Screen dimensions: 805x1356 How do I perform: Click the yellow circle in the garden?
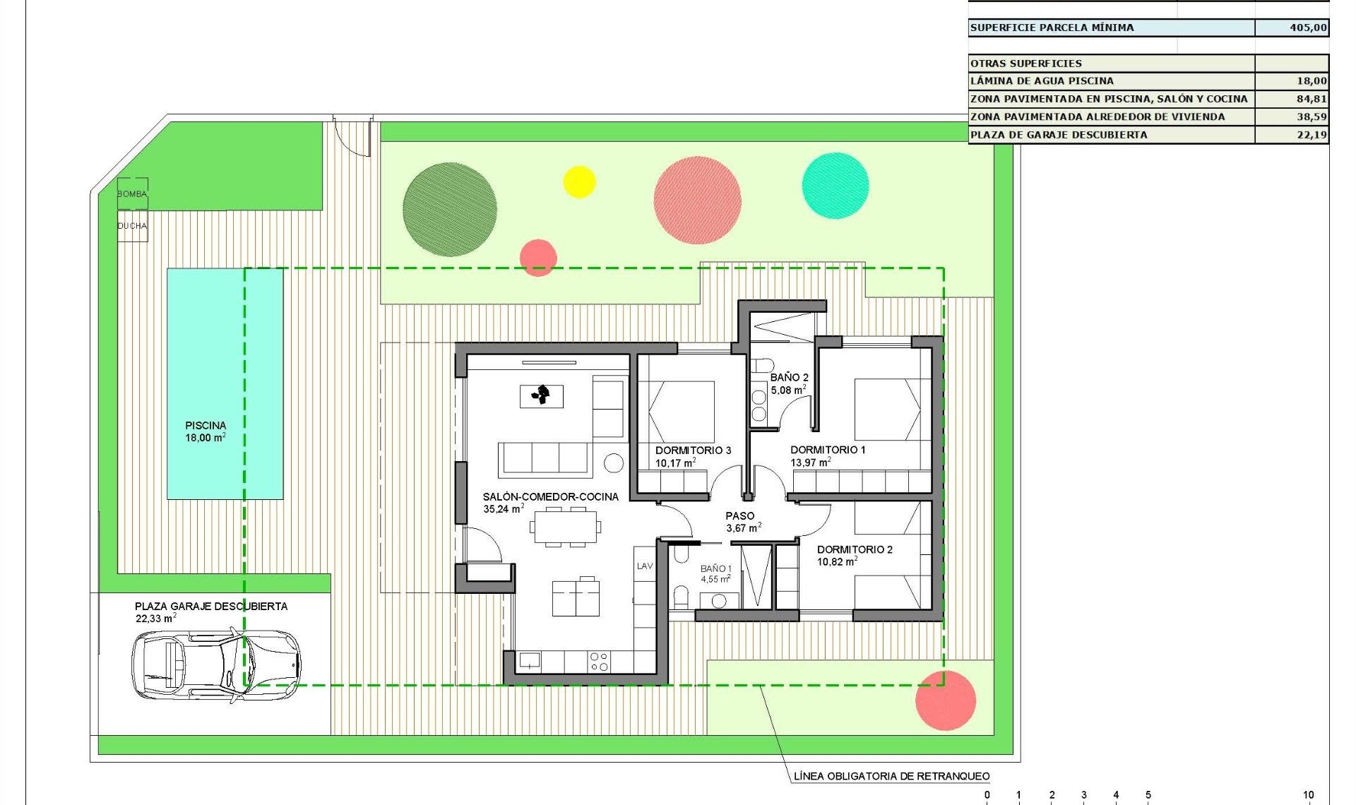point(579,182)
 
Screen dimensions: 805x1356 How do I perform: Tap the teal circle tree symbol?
point(835,186)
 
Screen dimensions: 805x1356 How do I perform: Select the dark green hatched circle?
point(449,210)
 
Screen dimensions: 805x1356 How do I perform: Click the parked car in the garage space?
point(215,664)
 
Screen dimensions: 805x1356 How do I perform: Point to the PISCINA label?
point(206,426)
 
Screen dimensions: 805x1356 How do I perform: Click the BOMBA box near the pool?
point(132,193)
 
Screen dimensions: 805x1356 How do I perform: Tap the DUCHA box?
point(132,226)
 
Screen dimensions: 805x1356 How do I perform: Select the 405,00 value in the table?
point(1307,28)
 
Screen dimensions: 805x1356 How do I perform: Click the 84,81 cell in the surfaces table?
point(1311,99)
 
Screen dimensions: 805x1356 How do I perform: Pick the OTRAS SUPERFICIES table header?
point(1026,64)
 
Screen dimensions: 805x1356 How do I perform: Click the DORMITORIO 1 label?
point(827,450)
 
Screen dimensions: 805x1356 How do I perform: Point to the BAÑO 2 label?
point(789,378)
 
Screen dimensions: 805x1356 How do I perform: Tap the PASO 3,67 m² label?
point(742,522)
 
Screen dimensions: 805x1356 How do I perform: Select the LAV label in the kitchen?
point(645,566)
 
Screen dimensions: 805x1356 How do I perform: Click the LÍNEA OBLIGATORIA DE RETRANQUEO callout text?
point(891,776)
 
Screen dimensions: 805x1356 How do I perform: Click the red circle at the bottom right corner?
point(945,700)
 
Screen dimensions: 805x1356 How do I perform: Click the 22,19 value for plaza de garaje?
point(1311,135)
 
